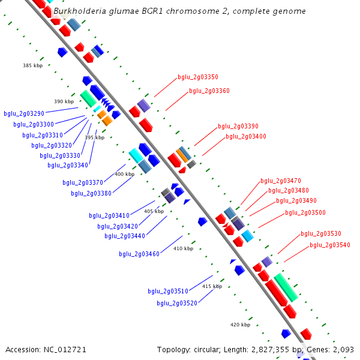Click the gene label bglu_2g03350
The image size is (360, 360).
(197, 77)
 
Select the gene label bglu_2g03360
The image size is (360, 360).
(209, 91)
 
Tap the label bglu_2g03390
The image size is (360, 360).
(238, 127)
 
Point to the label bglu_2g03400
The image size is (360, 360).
(245, 137)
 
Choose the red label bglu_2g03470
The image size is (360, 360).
(280, 181)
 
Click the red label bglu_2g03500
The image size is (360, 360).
(305, 212)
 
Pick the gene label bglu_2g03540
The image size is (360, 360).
(329, 245)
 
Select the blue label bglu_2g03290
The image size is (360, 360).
(24, 113)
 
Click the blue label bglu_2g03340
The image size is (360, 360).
(68, 165)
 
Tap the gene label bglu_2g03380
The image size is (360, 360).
(91, 193)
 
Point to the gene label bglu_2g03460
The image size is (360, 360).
(139, 254)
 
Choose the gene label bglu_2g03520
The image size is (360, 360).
(177, 303)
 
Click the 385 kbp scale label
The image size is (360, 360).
(33, 65)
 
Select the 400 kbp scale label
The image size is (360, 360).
(124, 174)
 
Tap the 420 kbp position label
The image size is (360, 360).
(240, 325)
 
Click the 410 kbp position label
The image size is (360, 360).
(183, 248)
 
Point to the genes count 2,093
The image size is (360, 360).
(343, 349)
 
